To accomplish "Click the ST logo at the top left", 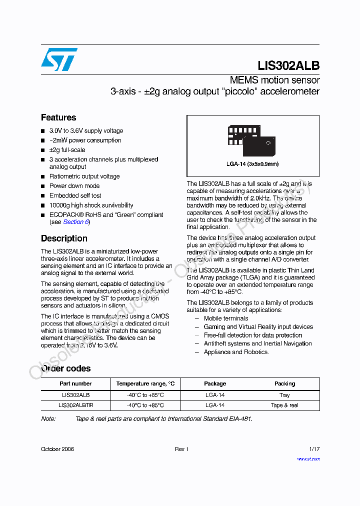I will tap(59, 59).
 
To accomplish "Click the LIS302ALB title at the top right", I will tap(288, 66).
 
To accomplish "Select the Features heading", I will tap(58, 117).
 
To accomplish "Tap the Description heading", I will tap(64, 238).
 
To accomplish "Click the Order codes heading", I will tap(65, 368).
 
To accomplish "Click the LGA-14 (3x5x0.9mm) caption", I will tap(252, 164).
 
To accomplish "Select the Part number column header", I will tap(75, 383).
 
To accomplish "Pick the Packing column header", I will tap(284, 383).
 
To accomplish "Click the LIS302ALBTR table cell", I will tap(75, 405).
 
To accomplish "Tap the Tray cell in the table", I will tap(284, 395).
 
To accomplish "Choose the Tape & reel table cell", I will tap(284, 405).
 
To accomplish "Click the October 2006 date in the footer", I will tap(57, 449).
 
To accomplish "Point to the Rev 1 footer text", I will tap(181, 449).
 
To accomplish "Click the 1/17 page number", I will tap(314, 449).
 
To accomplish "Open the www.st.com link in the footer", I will tap(308, 458).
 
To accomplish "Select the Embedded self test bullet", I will tap(75, 195).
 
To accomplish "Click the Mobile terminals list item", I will tap(226, 318).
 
